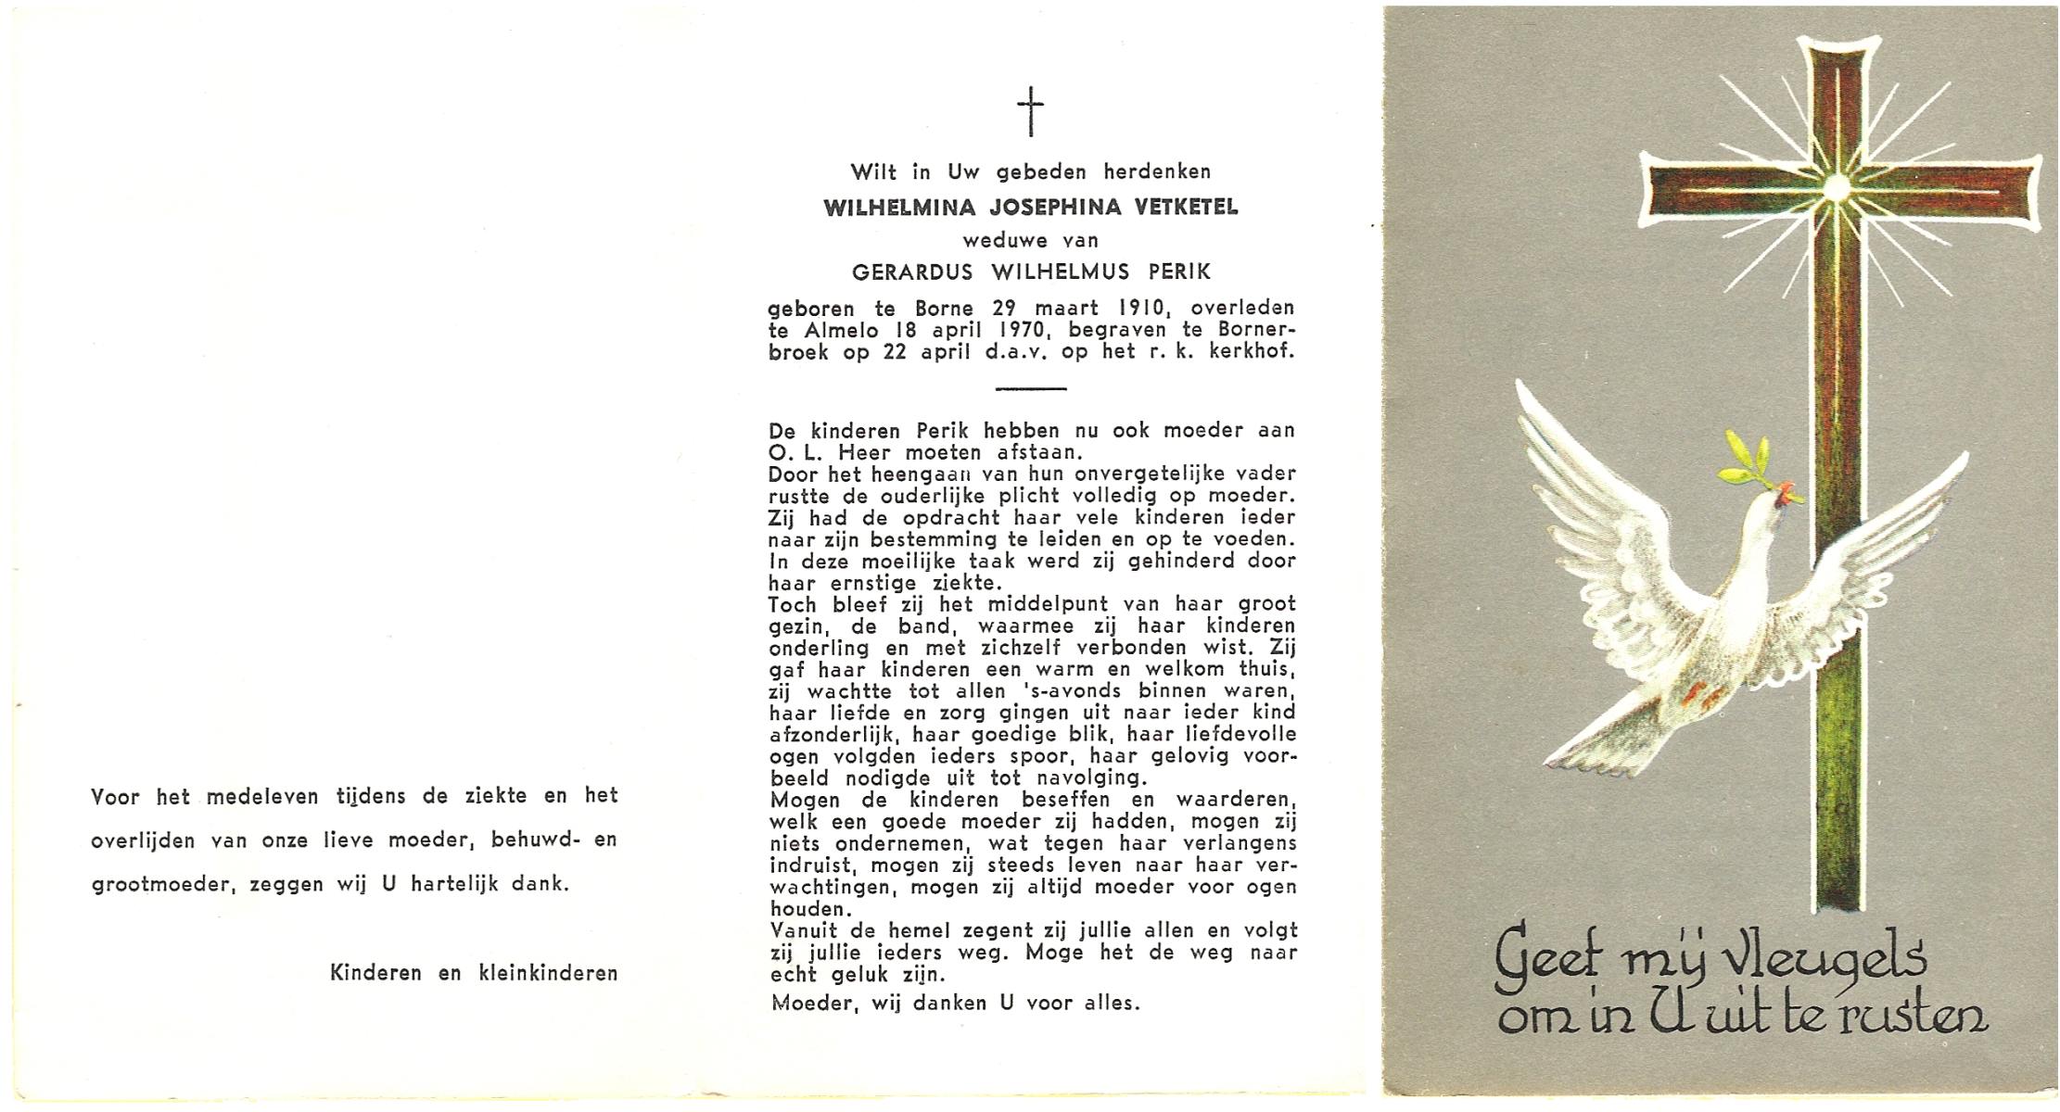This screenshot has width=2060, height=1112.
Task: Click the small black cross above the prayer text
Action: tap(1030, 111)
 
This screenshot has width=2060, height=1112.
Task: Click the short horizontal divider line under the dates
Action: tap(1030, 388)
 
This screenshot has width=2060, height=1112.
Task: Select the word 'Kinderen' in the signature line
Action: tap(375, 973)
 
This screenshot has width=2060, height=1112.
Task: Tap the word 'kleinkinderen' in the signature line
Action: tap(548, 973)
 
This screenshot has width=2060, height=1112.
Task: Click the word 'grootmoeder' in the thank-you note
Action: tap(157, 885)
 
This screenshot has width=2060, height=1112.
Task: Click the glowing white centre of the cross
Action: tap(1835, 187)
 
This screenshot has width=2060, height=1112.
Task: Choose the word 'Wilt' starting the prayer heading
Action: tap(874, 171)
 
